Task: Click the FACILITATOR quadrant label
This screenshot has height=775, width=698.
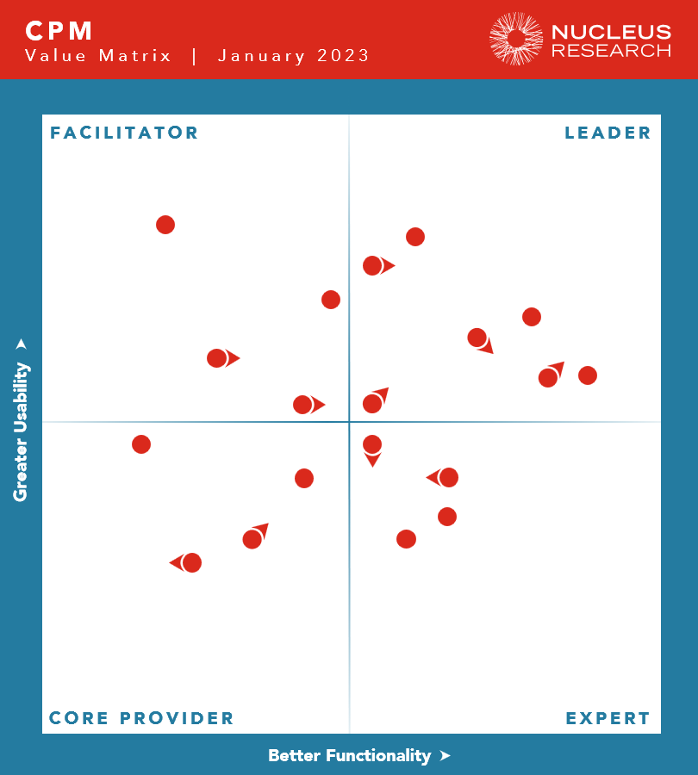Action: tap(124, 133)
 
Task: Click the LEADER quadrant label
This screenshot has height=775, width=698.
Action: tap(608, 133)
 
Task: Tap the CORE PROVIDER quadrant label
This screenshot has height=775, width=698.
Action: tap(141, 718)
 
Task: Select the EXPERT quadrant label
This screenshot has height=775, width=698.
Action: tap(608, 718)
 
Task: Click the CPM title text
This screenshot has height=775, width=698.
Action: tap(59, 31)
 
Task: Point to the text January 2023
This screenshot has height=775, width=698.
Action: tap(293, 56)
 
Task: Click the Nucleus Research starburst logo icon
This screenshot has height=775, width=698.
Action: tap(516, 39)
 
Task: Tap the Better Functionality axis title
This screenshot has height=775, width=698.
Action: tap(349, 755)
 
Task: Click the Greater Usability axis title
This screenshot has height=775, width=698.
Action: tap(21, 431)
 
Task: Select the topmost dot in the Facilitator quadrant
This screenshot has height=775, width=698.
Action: tap(165, 225)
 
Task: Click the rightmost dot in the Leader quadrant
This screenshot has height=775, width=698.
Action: tap(588, 375)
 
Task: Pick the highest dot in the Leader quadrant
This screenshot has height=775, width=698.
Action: tap(415, 237)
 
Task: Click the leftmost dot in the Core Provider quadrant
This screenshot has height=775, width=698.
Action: tap(141, 444)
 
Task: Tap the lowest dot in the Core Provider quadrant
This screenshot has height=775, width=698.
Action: tap(191, 563)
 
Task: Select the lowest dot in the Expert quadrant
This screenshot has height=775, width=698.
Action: tap(406, 539)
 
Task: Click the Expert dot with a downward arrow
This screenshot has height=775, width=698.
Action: tap(372, 445)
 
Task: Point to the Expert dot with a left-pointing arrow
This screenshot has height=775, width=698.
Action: tap(448, 477)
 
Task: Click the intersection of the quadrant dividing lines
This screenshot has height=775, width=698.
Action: tap(349, 422)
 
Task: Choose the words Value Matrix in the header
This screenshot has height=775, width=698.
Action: tap(98, 56)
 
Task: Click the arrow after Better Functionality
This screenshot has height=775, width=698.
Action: tap(445, 755)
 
